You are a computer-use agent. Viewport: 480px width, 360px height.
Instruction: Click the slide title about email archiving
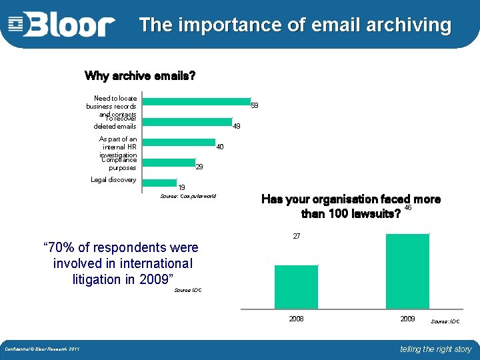(x=295, y=25)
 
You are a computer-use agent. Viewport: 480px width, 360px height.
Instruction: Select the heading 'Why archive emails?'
(x=140, y=75)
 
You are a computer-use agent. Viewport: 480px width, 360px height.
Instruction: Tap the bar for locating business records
(x=196, y=101)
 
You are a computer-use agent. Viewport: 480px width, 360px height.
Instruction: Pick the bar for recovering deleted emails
(x=187, y=122)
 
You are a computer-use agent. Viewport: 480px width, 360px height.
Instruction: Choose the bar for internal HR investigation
(x=179, y=142)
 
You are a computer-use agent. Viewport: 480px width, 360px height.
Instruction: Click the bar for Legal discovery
(x=160, y=181)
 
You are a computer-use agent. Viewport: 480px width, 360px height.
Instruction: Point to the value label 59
(x=254, y=105)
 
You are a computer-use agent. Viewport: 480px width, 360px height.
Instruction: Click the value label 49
(x=236, y=126)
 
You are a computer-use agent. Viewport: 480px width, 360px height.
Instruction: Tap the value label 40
(x=220, y=146)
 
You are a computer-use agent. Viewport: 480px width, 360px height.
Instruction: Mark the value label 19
(x=181, y=187)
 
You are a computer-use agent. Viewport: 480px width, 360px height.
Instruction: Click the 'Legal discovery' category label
(x=113, y=179)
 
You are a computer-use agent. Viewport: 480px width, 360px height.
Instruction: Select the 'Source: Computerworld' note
(x=188, y=197)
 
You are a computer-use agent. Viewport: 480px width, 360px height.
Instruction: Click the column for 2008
(x=296, y=287)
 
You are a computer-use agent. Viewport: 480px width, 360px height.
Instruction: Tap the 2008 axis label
(x=296, y=319)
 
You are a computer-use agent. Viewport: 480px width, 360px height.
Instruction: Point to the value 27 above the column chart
(x=297, y=237)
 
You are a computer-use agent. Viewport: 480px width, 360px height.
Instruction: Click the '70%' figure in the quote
(x=59, y=248)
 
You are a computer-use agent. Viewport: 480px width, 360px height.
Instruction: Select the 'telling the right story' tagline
(x=435, y=349)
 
